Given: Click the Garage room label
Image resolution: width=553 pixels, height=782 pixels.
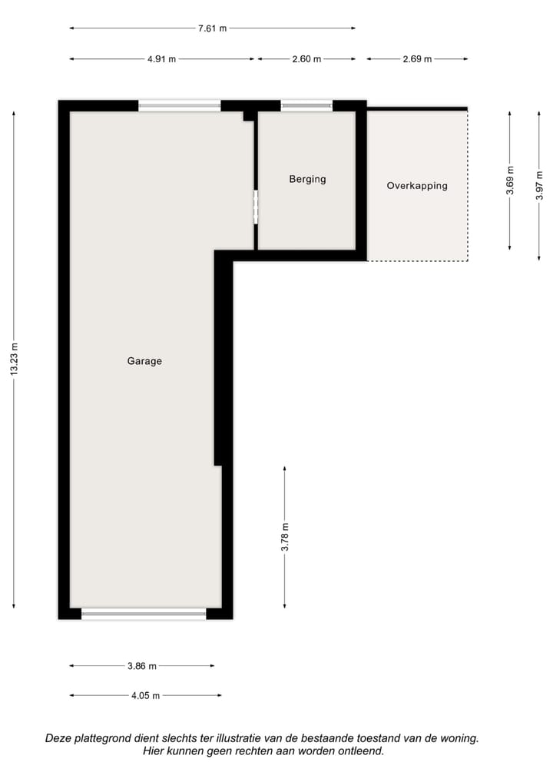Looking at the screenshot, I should coord(144,361).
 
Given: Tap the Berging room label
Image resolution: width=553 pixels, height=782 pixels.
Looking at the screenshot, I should coord(307,179).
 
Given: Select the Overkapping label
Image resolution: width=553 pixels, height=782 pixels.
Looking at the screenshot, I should coord(417,185).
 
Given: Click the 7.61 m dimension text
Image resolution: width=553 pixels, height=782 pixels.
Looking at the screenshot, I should coord(213,28).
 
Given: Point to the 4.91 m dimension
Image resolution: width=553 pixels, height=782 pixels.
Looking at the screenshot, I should coord(161,59).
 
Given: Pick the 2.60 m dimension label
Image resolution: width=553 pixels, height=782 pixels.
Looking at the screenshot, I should coord(306,59).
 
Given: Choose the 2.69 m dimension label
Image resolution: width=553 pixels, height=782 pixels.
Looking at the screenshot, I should coord(417,59).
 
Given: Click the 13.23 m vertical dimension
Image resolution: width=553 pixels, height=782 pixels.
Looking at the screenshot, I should coord(14,359).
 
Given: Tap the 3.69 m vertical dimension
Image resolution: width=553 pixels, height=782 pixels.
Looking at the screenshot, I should coord(511,181).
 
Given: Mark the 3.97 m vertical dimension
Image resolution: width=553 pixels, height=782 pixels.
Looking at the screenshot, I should coord(540,185).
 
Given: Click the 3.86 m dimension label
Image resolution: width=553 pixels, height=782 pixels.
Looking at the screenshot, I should coord(142,666).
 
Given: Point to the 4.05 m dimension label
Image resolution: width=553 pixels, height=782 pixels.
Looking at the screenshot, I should coord(145,696).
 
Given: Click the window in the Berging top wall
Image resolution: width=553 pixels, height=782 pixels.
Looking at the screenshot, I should coord(306,106).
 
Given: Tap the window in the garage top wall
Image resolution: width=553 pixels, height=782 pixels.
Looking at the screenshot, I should coord(180,106).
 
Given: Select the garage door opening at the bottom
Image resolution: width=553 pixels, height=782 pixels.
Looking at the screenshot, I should coord(144,613).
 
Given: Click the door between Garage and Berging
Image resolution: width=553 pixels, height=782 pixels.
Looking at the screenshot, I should coord(256,207).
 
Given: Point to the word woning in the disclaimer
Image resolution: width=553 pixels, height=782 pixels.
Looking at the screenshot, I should coord(459,738).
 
